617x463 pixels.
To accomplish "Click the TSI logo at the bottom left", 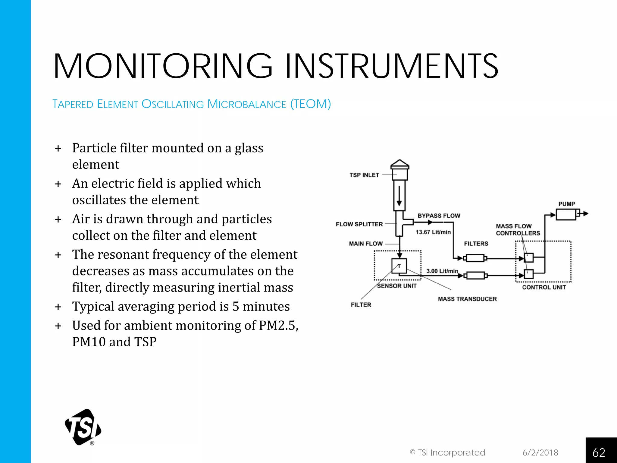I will coord(83,427).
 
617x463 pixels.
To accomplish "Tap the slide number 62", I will coord(599,452).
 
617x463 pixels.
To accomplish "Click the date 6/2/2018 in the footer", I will coord(540,452).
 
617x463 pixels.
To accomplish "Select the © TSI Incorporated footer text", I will coord(447,452).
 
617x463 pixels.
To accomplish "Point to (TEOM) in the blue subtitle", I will coord(311,104).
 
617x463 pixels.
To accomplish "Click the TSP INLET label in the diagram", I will coord(364,175).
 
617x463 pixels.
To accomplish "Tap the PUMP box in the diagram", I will coord(566,215).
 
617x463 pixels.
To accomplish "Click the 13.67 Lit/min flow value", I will coord(433,232).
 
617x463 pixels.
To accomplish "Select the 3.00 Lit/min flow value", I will coord(442,271).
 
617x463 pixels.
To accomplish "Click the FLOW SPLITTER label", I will coord(359,224).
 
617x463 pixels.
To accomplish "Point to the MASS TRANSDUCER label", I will coord(467,299).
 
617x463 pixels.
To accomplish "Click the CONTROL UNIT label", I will coord(544,287).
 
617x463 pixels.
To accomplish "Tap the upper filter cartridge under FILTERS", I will coord(475,258).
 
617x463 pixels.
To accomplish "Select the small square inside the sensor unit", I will coord(399,266).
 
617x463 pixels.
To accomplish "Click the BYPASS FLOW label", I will coord(439,216).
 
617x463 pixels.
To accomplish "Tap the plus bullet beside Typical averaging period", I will coord(58,307).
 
